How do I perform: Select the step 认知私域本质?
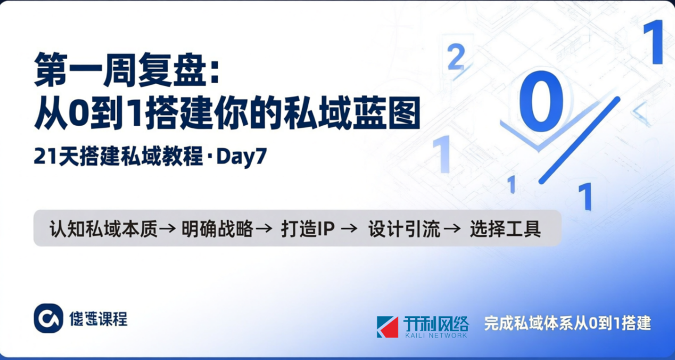(104, 229)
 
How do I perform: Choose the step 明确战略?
(217, 229)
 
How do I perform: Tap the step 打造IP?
(308, 229)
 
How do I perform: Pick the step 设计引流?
(405, 229)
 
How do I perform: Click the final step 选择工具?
(505, 229)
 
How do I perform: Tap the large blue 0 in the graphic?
(541, 101)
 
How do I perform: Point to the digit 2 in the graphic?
(456, 58)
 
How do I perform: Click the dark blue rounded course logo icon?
(48, 318)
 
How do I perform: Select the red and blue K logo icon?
(388, 326)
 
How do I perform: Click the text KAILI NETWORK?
(435, 335)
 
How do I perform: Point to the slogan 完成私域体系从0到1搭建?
(567, 323)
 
